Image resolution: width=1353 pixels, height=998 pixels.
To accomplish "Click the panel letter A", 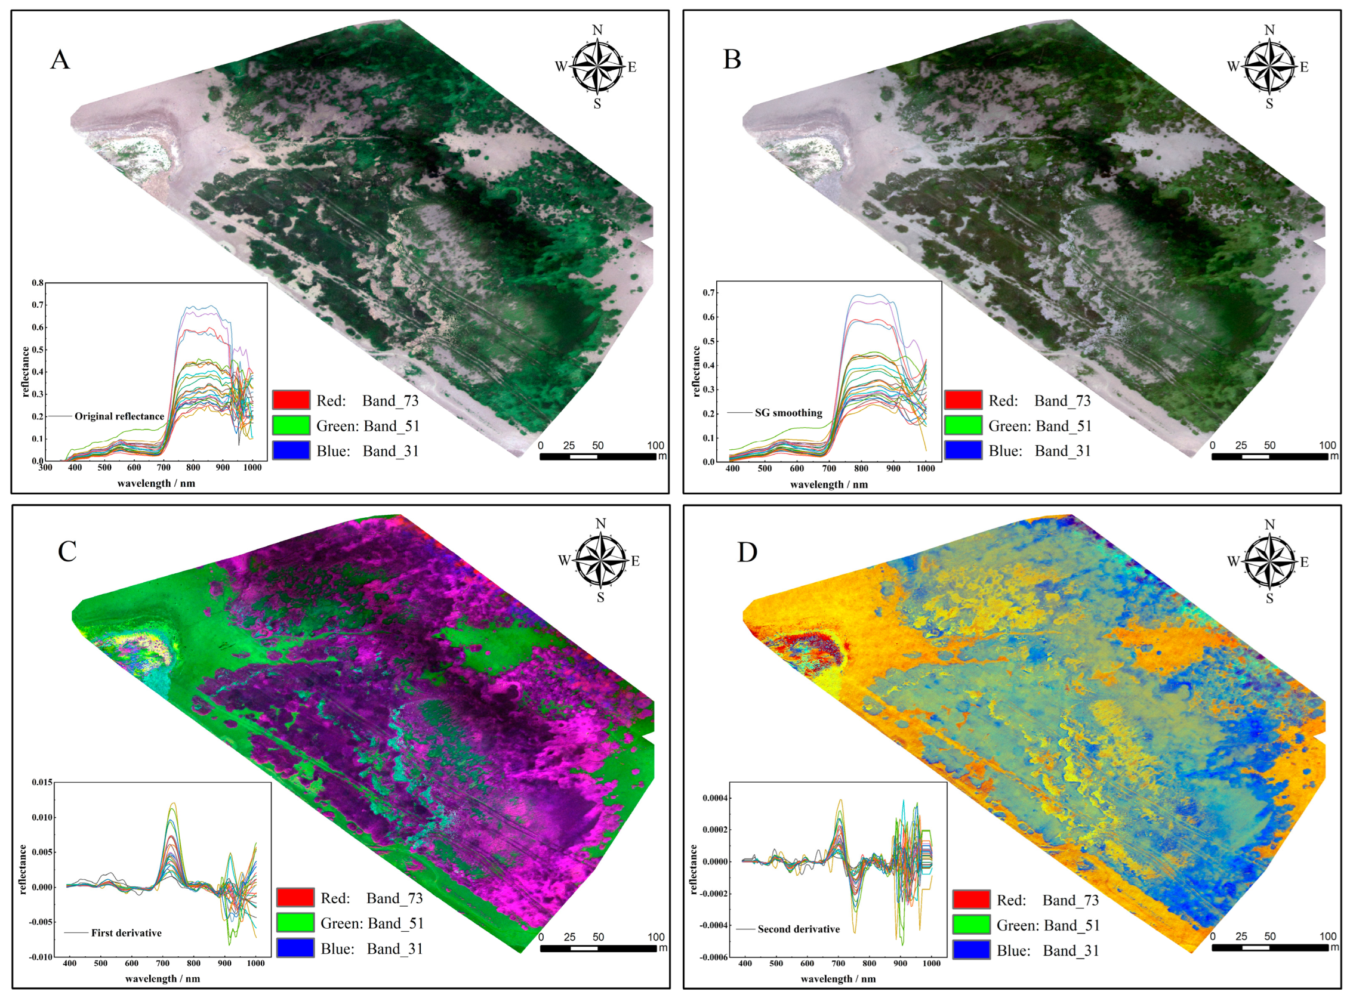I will point(60,60).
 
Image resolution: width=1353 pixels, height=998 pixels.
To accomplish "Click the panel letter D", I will point(747,552).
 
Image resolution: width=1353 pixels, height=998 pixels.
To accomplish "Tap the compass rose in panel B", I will point(1269,66).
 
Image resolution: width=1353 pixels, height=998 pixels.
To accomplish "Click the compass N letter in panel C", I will point(600,524).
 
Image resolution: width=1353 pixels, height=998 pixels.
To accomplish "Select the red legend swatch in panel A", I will point(291,400).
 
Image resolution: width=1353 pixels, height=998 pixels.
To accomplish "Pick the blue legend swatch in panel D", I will point(971,950).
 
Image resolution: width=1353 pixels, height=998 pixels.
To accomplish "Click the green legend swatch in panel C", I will point(295,923).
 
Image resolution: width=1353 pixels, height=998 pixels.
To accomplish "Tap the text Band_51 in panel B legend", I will point(1064,426).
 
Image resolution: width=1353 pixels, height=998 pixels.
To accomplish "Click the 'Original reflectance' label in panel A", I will point(119,416).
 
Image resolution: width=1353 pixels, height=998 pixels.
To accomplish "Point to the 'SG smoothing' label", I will point(788,413).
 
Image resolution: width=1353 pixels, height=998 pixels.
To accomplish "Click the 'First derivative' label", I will point(127,933).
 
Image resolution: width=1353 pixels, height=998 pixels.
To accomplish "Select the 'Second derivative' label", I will point(799,929).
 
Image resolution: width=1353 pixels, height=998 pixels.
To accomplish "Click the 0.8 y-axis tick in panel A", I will point(38,283).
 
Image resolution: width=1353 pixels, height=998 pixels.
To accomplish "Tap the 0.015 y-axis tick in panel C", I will point(42,782).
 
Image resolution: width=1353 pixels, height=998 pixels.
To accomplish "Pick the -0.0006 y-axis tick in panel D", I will point(714,957).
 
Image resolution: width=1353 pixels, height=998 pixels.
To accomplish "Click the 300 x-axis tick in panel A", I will point(45,468).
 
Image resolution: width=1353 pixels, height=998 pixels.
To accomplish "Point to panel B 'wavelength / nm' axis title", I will point(828,484).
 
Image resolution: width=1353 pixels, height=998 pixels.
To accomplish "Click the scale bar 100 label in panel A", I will point(655,445).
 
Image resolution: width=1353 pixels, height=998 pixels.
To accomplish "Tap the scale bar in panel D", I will point(1269,947).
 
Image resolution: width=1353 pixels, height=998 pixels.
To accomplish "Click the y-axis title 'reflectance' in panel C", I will point(23,869).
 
